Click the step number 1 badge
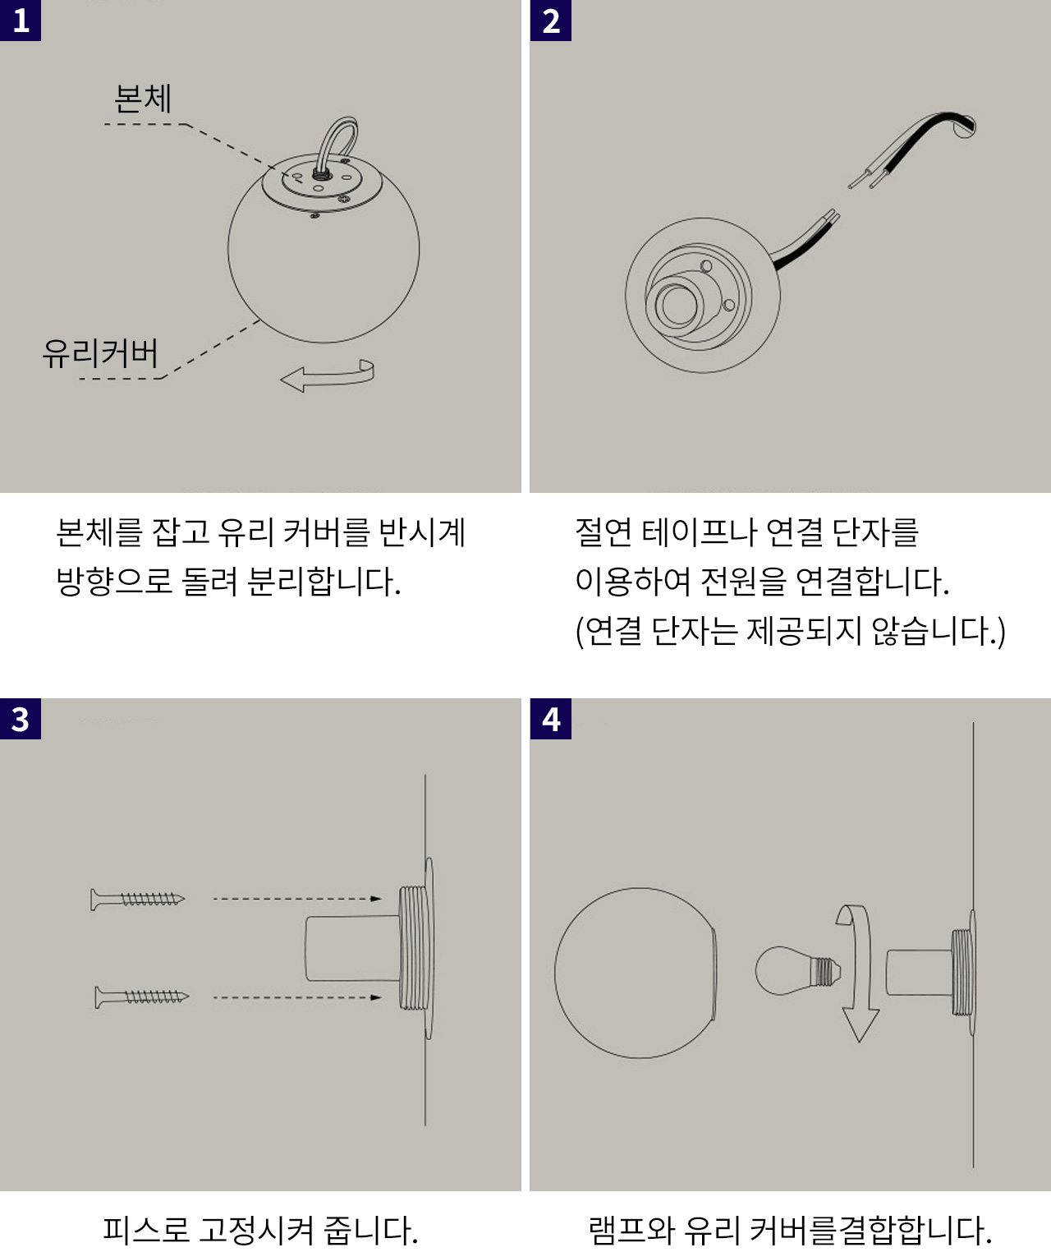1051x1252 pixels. [x=21, y=21]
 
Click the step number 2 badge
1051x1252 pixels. [x=551, y=21]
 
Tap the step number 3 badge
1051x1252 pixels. [x=21, y=718]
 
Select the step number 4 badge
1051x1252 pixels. [x=551, y=718]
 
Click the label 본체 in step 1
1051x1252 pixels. [x=143, y=99]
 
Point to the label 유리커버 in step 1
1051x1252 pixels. [x=100, y=353]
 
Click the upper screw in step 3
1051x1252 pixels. [x=138, y=900]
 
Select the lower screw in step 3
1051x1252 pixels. [x=142, y=997]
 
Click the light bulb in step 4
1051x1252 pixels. [x=797, y=970]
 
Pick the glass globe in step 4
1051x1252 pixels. [x=636, y=973]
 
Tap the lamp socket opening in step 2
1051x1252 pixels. [x=677, y=306]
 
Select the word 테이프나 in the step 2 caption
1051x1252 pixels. [x=699, y=532]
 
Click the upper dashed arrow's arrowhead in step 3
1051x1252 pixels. [x=376, y=899]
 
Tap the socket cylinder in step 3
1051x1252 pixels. [x=352, y=949]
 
